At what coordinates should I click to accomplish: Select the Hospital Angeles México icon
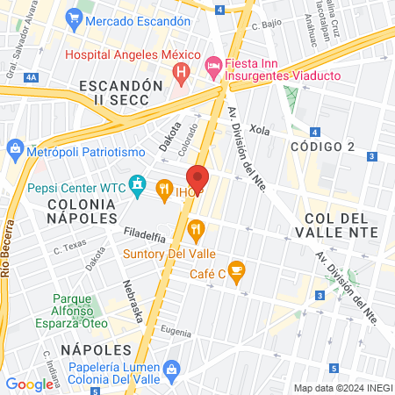coord(181,70)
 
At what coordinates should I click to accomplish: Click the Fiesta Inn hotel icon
coord(212,65)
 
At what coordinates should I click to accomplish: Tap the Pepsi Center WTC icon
coord(138,186)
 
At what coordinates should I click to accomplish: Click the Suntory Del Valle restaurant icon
coord(195,231)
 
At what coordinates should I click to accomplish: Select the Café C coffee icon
coord(235,269)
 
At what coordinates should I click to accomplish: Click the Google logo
coord(30,384)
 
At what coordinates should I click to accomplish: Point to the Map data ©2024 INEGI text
coord(342,388)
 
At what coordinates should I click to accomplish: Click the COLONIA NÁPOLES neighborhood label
coord(77,210)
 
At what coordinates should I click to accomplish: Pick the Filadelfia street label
coord(145,235)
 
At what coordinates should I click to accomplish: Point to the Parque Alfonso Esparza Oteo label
coord(64,310)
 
